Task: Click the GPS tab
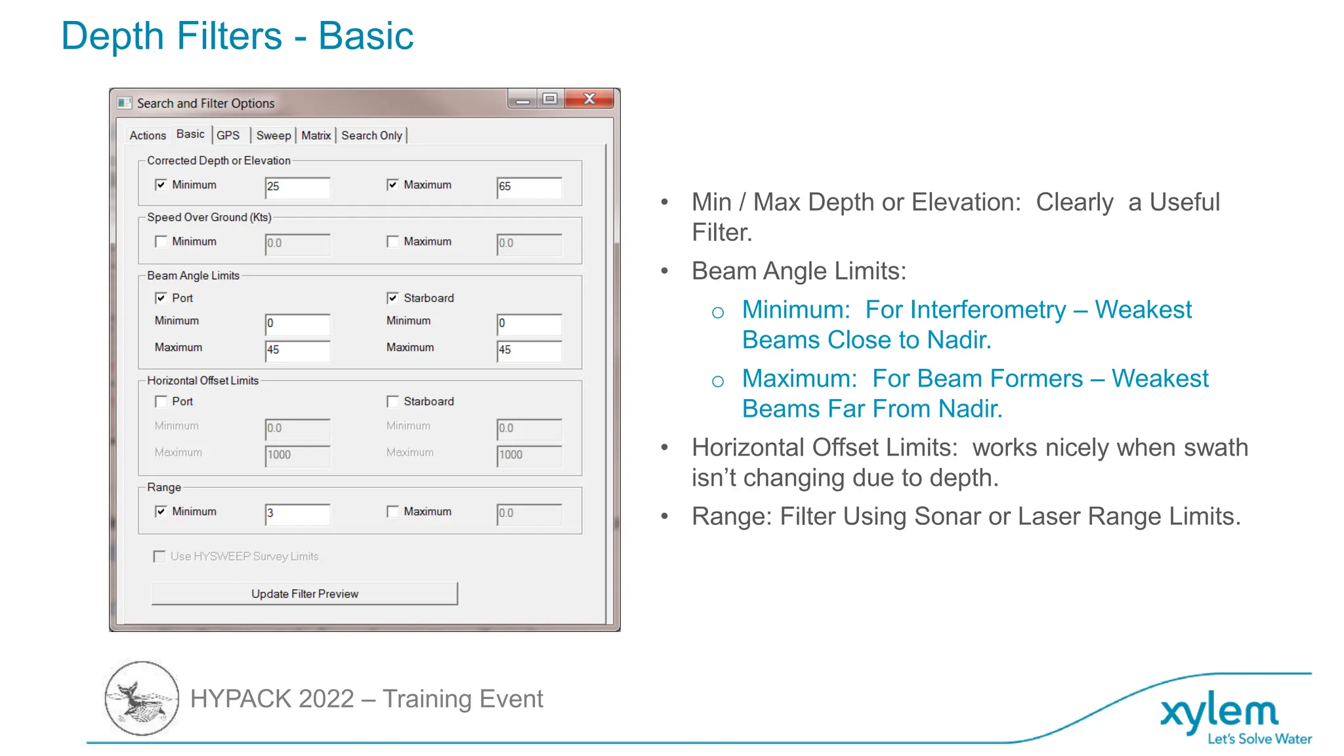click(228, 135)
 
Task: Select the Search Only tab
click(371, 135)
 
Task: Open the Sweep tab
click(273, 135)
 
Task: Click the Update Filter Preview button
click(304, 593)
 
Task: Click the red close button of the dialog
click(589, 99)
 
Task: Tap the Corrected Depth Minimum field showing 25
click(297, 187)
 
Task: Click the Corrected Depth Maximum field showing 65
click(529, 187)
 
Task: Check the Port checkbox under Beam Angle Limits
click(161, 298)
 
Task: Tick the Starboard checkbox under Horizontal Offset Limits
click(392, 401)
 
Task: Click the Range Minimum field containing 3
click(297, 514)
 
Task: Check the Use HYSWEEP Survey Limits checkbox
click(159, 556)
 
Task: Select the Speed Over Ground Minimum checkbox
click(161, 241)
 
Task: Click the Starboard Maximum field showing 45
click(529, 350)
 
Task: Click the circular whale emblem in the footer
click(142, 698)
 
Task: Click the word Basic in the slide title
click(366, 35)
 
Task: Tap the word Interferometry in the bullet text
click(965, 310)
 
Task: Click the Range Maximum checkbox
click(392, 511)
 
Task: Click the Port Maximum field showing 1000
click(297, 455)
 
